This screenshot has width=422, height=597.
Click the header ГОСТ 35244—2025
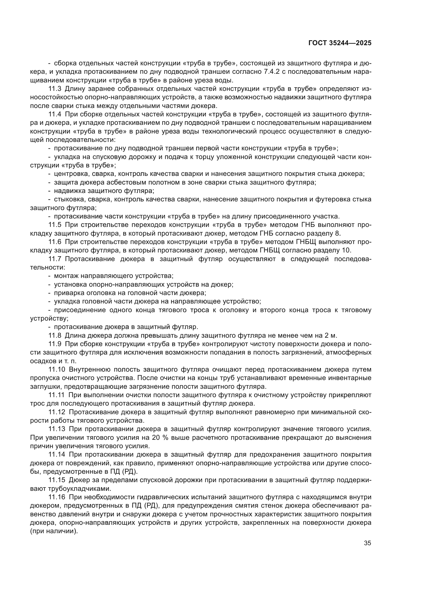click(x=340, y=43)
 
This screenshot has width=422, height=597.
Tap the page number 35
click(x=367, y=543)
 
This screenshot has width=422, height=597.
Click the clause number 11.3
click(x=55, y=89)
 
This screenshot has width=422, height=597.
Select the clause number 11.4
click(x=55, y=114)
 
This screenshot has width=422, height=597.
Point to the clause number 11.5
click(x=55, y=225)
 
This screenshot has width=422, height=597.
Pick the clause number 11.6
click(x=55, y=242)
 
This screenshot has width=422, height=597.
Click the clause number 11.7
click(x=55, y=259)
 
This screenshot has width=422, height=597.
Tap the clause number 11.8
click(x=55, y=335)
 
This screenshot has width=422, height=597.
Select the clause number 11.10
click(x=57, y=370)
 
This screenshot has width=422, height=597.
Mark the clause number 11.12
click(x=57, y=412)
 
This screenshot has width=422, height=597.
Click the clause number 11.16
click(x=57, y=497)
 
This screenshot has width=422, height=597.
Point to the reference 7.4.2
click(x=271, y=72)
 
